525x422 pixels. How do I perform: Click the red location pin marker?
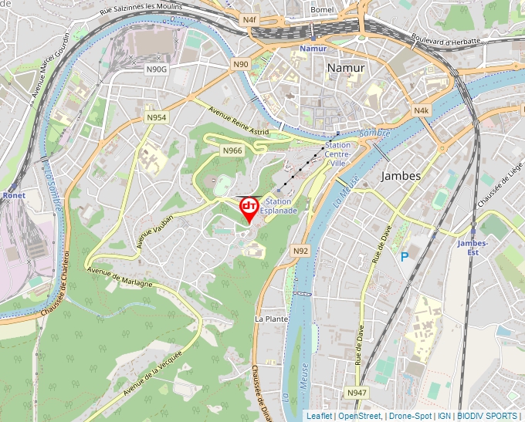coord(249,209)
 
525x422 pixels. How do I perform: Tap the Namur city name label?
coord(346,68)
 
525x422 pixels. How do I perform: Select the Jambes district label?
coord(401,176)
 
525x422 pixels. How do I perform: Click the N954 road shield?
coord(157,117)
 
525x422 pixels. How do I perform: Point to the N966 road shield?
coord(232,150)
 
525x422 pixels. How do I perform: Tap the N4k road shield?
coord(421,111)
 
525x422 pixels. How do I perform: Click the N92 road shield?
coord(300,251)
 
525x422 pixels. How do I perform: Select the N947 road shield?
coord(357,393)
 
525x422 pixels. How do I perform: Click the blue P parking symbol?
coord(404,256)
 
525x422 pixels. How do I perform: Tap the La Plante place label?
coord(271,318)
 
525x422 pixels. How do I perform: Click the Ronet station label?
coord(13,196)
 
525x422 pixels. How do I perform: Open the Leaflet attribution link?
coord(319,416)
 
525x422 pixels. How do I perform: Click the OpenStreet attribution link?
coord(359,416)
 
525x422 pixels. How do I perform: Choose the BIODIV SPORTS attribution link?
coord(487,416)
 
